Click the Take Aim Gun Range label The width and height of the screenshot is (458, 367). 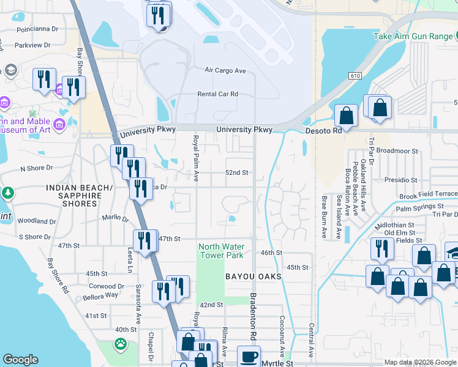pyautogui.click(x=414, y=36)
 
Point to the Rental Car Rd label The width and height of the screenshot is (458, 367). pyautogui.click(x=217, y=94)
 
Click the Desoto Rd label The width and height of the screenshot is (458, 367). pyautogui.click(x=324, y=131)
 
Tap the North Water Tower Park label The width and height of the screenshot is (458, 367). pyautogui.click(x=220, y=251)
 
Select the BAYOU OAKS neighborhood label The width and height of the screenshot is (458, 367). pyautogui.click(x=253, y=276)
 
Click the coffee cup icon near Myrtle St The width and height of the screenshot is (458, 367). pyautogui.click(x=249, y=357)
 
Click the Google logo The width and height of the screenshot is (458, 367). pyautogui.click(x=20, y=360)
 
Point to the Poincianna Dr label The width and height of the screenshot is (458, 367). pyautogui.click(x=37, y=29)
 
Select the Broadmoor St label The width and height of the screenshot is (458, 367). pyautogui.click(x=397, y=150)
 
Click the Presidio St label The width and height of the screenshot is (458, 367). pyautogui.click(x=400, y=180)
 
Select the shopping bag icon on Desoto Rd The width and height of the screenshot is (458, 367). pyautogui.click(x=346, y=116)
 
